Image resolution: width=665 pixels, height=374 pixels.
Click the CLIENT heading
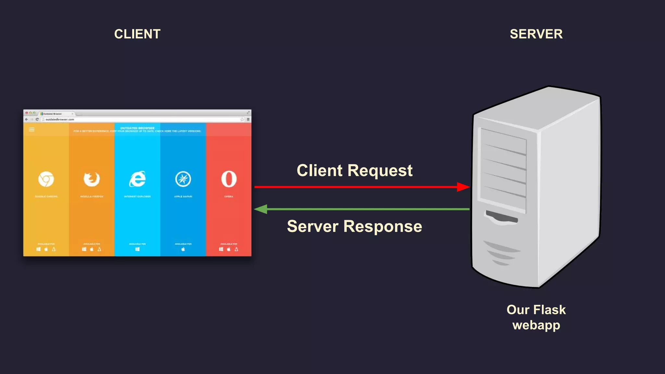coord(137,34)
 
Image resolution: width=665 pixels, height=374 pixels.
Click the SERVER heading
coord(536,34)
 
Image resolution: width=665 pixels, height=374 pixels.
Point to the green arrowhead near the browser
coord(261,209)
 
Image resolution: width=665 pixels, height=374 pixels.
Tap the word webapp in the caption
coord(536,325)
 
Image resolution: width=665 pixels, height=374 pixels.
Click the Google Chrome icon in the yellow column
coord(46,179)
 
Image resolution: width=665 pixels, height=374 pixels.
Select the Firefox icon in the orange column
coord(92,179)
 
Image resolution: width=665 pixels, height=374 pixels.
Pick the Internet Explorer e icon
coord(137,179)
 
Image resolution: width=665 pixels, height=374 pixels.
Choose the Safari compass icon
coord(183,179)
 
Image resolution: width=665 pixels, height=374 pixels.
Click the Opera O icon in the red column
coord(229,179)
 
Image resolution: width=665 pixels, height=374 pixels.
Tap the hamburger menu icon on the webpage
coord(32,130)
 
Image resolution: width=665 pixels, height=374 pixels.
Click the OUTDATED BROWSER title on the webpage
coord(137,128)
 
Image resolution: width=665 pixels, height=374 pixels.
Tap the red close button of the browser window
coord(27,113)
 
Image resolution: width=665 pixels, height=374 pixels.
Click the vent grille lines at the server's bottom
coord(500,253)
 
